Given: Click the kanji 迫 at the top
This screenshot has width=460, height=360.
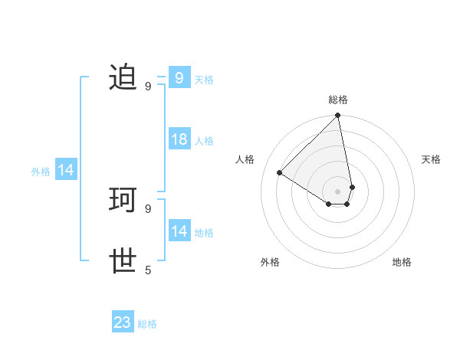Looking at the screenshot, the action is (123, 77).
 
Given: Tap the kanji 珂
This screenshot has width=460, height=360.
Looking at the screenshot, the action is (123, 200).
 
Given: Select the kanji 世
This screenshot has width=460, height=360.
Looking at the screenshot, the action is (123, 261).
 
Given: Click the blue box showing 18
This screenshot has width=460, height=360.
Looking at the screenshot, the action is (179, 139).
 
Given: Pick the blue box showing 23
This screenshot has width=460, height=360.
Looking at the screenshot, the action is (123, 322).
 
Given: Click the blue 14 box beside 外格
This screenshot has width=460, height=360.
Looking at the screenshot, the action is (66, 171).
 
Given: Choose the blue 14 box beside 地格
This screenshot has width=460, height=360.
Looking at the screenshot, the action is (179, 231).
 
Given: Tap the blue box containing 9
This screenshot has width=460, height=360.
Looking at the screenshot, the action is (179, 78).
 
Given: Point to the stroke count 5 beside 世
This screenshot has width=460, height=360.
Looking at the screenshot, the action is (148, 270).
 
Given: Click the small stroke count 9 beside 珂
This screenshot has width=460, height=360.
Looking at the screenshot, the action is (148, 208).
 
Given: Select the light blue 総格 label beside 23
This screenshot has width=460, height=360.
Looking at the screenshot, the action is (147, 324).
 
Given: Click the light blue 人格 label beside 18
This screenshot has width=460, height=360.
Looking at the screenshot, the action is (204, 141).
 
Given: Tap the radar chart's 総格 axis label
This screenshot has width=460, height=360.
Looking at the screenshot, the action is (338, 100).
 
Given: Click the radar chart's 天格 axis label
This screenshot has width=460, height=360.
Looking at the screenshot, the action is (431, 159).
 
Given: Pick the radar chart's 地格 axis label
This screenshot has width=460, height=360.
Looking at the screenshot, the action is (402, 262).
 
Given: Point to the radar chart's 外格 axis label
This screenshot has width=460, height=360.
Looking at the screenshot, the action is (270, 262).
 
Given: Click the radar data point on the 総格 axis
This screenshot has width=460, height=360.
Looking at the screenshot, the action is (338, 116).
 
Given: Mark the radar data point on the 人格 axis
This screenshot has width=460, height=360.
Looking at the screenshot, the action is (280, 172).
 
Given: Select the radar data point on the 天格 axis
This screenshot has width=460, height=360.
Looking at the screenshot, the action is (352, 187).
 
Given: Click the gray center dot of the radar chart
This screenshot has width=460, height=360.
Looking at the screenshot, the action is (338, 191).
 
